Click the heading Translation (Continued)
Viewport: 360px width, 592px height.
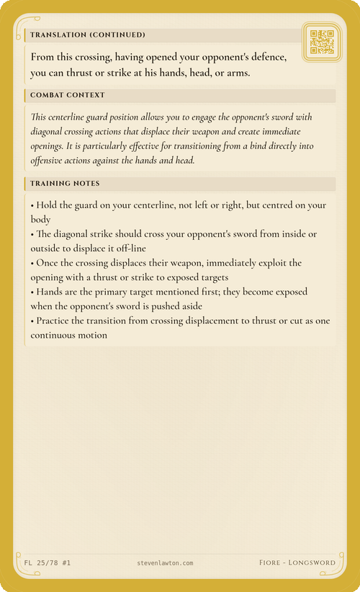pos(88,35)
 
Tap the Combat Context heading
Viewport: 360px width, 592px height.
pos(68,95)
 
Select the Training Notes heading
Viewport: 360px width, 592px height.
pos(65,184)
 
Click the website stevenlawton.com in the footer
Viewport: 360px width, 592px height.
pos(164,562)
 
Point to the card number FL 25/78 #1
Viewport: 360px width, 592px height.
pos(42,562)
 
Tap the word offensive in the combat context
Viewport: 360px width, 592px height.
pos(53,161)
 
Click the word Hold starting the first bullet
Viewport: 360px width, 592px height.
pos(48,205)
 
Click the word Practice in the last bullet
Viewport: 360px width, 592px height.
pos(55,320)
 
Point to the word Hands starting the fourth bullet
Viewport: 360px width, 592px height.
pos(51,292)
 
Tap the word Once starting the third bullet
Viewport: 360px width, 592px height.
pos(48,263)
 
